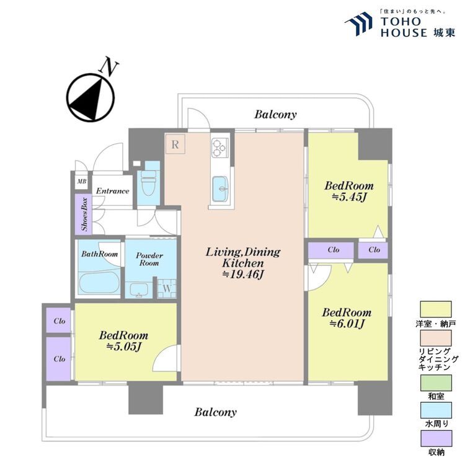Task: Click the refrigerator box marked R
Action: pyautogui.click(x=175, y=144)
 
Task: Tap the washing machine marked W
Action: pyautogui.click(x=167, y=288)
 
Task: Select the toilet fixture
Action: pyautogui.click(x=149, y=183)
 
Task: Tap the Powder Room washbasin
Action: pyautogui.click(x=138, y=290)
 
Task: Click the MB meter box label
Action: pyautogui.click(x=82, y=181)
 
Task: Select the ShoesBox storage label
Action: pyautogui.click(x=84, y=214)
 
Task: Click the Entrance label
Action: pyautogui.click(x=112, y=191)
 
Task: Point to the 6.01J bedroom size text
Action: pyautogui.click(x=347, y=324)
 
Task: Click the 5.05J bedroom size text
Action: pyautogui.click(x=123, y=347)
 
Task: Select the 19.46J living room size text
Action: pyautogui.click(x=243, y=274)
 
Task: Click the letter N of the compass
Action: pyautogui.click(x=109, y=67)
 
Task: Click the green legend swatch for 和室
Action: pyautogui.click(x=436, y=383)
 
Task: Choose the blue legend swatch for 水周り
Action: pyautogui.click(x=436, y=410)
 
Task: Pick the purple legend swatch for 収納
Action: pyautogui.click(x=436, y=438)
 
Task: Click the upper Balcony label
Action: pyautogui.click(x=275, y=115)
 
